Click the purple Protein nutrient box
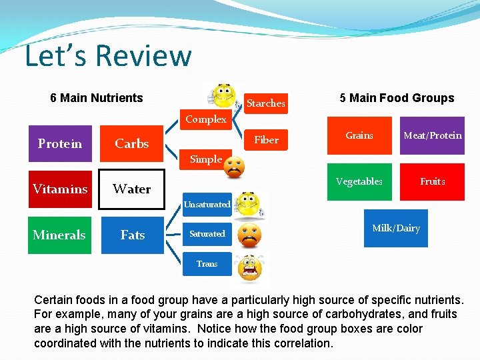pos(59,144)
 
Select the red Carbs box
pos(132,144)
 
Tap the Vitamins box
pos(59,189)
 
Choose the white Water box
pos(132,189)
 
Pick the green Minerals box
pos(59,235)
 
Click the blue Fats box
pos(132,235)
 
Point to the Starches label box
pos(265,103)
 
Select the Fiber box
pos(265,140)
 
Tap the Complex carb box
pos(206,120)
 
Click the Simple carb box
pos(205,159)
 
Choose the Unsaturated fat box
pos(207,205)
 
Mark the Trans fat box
pos(207,264)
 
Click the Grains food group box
pos(359,136)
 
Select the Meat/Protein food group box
pos(432,136)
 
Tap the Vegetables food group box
pos(359,181)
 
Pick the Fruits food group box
pos(432,181)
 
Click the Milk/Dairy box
pos(395,228)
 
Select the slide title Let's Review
pos(108,56)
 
